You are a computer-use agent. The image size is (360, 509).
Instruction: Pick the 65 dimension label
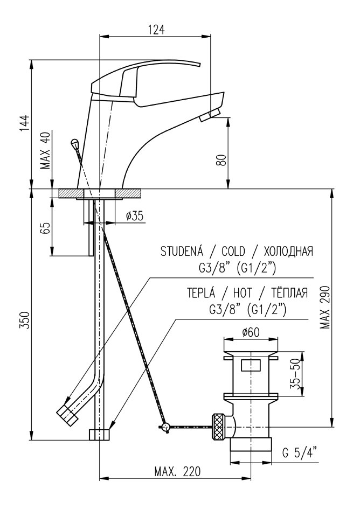click(45, 228)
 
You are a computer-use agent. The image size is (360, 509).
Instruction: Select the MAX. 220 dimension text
click(177, 472)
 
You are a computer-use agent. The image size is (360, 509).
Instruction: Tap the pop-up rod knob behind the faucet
click(74, 143)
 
